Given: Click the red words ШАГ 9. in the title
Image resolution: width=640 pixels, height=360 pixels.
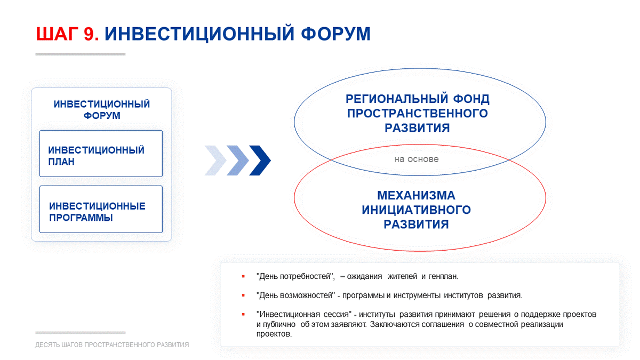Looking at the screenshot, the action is [x=67, y=34].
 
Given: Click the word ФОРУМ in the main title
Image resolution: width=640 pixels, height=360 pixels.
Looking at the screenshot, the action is [x=335, y=34].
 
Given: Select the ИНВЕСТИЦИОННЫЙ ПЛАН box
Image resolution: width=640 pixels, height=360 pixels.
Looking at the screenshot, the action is [x=101, y=154].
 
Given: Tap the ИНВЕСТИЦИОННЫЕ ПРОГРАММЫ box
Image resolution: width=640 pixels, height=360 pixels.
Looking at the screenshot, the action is [x=101, y=210].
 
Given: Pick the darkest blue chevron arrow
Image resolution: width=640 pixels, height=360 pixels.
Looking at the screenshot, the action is [x=260, y=161].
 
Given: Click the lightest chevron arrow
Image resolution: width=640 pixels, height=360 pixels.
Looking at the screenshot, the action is [x=215, y=161].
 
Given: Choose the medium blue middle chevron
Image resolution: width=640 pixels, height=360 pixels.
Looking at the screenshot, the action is [x=238, y=161].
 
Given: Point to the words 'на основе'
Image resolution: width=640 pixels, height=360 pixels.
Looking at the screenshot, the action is [x=417, y=159].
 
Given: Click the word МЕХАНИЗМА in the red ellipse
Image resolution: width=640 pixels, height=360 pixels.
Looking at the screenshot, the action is [x=417, y=195].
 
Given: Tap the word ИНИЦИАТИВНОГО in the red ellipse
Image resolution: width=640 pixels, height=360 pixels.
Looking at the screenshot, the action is [x=417, y=210].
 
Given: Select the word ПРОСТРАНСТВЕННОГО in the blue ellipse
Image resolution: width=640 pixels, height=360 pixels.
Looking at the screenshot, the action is [x=418, y=114].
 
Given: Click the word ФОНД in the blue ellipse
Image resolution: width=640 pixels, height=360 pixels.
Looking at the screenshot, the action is [x=471, y=99].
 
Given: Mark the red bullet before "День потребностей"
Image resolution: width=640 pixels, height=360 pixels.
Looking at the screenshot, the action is [x=243, y=276].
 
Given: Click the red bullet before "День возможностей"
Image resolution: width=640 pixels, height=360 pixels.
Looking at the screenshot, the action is [x=243, y=295].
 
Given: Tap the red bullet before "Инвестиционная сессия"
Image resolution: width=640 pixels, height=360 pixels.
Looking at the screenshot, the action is [x=243, y=314].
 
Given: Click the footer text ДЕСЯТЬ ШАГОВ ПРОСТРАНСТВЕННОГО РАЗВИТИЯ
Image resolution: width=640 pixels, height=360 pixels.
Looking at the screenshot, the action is [x=112, y=345].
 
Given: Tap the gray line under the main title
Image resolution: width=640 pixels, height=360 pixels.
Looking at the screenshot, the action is [x=81, y=54].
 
